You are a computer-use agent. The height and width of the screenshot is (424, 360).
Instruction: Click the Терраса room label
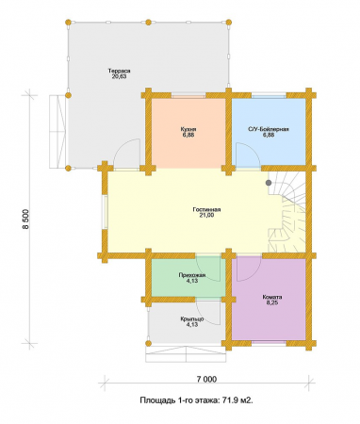(x=119, y=71)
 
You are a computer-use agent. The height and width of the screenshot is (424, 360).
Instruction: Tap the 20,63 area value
(x=119, y=76)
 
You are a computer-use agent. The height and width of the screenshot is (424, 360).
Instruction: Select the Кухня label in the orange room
(x=188, y=129)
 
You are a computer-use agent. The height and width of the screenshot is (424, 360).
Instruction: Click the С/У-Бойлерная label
(x=269, y=129)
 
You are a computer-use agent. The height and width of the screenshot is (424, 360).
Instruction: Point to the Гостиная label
(x=206, y=209)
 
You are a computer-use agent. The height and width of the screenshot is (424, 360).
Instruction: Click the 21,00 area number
(x=206, y=215)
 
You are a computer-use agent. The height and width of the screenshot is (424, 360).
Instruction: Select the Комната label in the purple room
(x=272, y=297)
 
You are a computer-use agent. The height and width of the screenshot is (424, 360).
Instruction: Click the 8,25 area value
(x=272, y=302)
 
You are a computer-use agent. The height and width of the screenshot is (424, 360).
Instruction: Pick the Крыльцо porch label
(x=192, y=319)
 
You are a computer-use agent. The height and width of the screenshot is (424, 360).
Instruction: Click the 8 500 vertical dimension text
(x=25, y=220)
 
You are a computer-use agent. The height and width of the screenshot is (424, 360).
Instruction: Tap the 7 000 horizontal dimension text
(x=206, y=379)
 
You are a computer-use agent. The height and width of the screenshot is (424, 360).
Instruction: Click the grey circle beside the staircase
(x=269, y=183)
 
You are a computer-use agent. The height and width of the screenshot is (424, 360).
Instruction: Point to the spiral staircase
(x=286, y=211)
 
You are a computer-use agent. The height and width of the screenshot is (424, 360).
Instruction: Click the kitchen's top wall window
(x=188, y=95)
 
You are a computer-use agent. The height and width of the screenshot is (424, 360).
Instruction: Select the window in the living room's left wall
(x=105, y=213)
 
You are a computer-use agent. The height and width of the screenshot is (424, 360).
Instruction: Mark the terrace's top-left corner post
(x=68, y=23)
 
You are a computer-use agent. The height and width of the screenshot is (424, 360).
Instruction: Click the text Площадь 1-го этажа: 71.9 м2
(x=196, y=400)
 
